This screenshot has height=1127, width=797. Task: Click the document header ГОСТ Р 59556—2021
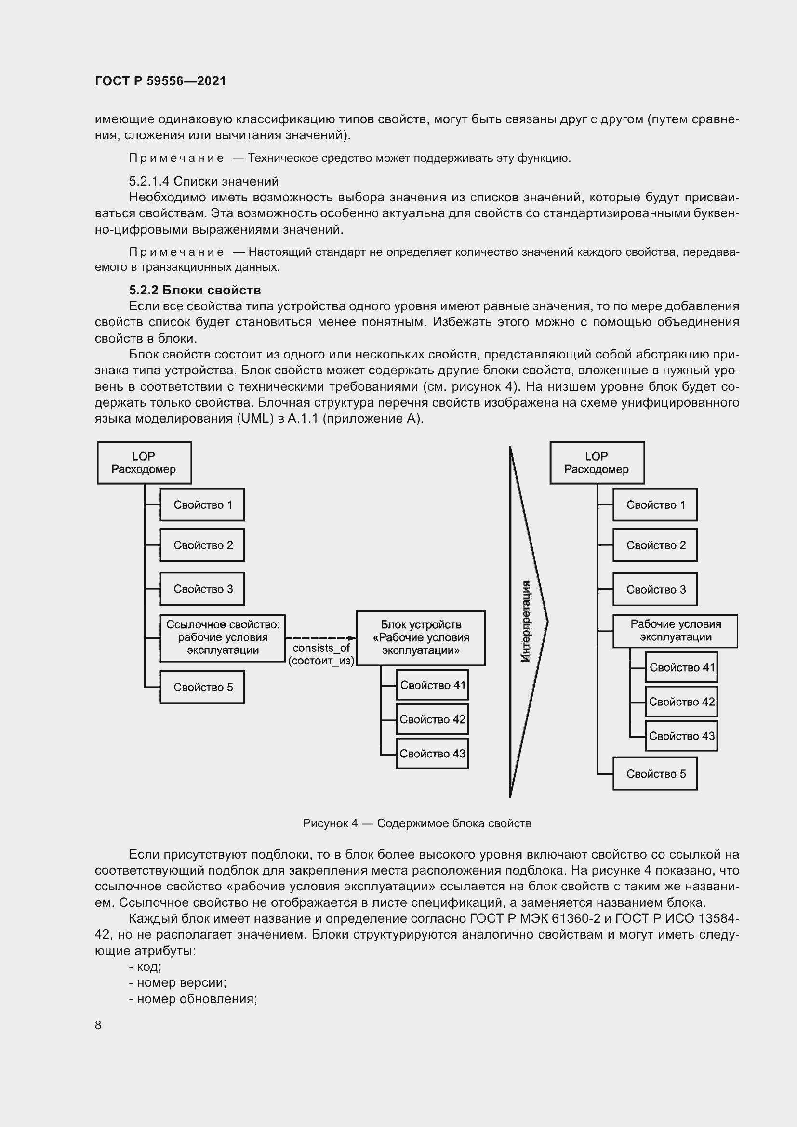pos(160,81)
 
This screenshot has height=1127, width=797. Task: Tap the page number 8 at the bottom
pos(98,1025)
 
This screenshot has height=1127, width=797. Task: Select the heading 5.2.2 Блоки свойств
pos(195,290)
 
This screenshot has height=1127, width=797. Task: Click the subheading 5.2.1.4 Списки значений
pos(204,181)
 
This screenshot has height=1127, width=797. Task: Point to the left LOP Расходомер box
pos(144,463)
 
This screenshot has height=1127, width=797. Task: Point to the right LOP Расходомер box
pos(597,463)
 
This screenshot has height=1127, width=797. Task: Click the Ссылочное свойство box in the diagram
pos(223,637)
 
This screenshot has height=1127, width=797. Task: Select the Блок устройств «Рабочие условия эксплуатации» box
pos(421,638)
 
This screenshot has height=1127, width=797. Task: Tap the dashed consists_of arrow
pos(320,638)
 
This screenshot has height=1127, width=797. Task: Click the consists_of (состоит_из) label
pos(321,654)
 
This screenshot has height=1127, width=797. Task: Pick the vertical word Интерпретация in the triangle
pos(526,622)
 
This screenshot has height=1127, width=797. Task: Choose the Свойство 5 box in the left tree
pos(203,687)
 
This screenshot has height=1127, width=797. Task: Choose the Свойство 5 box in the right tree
pos(655,774)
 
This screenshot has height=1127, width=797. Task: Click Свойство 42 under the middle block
pos(432,719)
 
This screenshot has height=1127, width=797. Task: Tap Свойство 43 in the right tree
pos(681,736)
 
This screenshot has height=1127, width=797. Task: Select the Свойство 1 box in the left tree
pos(203,504)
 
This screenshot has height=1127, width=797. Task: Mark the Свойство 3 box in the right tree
pos(655,589)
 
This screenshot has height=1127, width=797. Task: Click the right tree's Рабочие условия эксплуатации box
pos(675,631)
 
